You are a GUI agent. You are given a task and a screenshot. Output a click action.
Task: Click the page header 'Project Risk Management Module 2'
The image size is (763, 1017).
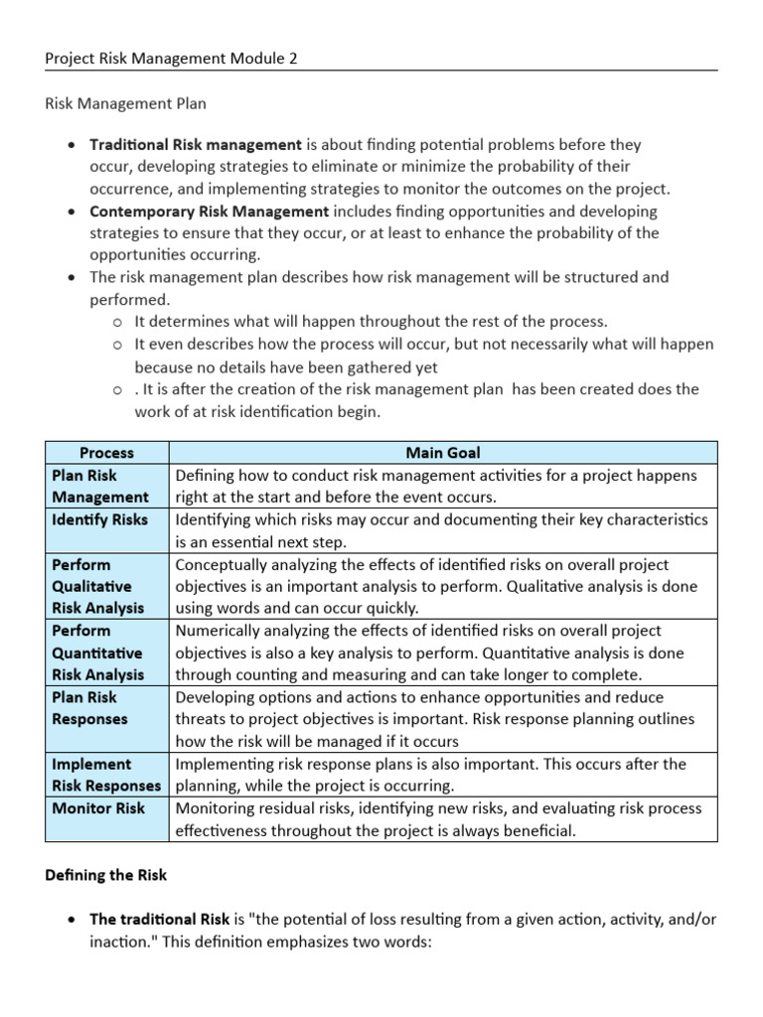(x=172, y=59)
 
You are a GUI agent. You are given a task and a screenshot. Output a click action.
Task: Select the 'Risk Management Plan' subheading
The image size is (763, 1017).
(x=126, y=101)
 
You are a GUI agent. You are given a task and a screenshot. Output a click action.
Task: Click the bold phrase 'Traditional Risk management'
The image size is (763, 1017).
(x=196, y=145)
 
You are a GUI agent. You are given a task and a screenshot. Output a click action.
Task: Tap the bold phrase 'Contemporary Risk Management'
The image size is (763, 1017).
(x=210, y=211)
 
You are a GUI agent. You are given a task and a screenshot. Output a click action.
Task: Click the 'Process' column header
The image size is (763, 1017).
(x=106, y=453)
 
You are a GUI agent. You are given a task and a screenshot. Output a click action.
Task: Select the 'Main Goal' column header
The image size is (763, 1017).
(x=442, y=453)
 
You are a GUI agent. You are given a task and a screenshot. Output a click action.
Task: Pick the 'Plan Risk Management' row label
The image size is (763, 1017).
(x=99, y=486)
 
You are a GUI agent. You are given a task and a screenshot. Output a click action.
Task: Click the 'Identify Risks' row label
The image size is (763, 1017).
(x=99, y=519)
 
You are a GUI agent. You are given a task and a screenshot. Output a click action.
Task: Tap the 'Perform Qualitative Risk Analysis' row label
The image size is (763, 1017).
(x=97, y=586)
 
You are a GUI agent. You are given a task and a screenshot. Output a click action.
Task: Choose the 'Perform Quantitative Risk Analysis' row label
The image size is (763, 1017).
(x=97, y=653)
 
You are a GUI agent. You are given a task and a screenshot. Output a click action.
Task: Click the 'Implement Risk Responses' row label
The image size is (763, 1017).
(x=105, y=775)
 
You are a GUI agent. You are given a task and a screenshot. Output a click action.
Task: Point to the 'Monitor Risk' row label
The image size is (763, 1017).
(x=98, y=808)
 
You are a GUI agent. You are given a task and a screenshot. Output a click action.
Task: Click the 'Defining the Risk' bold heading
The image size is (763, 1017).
(x=106, y=875)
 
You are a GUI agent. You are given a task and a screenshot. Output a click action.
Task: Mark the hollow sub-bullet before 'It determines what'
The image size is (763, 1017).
(x=117, y=322)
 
